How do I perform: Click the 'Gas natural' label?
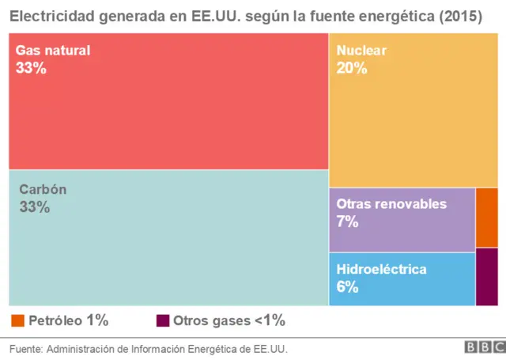[x=53, y=51]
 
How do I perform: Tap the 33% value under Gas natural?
[x=31, y=68]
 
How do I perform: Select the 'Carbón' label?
[x=43, y=190]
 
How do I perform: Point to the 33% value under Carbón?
[x=34, y=207]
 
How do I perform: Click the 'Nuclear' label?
[x=361, y=51]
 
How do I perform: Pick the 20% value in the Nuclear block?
[x=352, y=68]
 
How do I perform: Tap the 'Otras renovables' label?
[x=391, y=204]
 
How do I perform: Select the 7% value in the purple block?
[x=347, y=222]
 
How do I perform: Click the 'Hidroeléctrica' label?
[x=381, y=270]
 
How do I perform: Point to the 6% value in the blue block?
[x=347, y=287]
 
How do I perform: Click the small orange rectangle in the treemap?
[x=487, y=218]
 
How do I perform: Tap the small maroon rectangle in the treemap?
[x=487, y=276]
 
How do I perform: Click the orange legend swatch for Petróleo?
[x=17, y=320]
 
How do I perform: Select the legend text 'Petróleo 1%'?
[x=69, y=320]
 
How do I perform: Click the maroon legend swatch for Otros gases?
[x=163, y=320]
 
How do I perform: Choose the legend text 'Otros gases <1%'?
[x=229, y=320]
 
